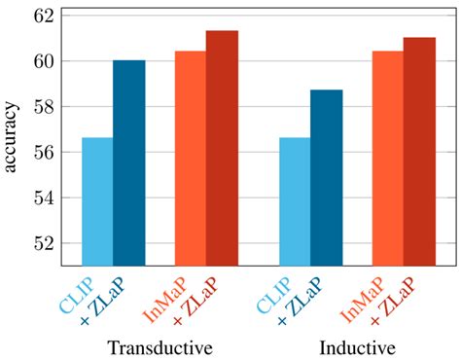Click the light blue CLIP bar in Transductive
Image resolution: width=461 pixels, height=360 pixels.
point(97,201)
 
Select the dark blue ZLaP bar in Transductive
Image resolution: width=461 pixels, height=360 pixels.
point(128,162)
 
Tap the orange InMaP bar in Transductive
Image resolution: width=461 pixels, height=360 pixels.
point(191,159)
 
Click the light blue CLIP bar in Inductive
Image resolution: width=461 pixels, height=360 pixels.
point(295,201)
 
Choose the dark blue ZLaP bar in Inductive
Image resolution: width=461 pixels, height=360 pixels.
point(326,177)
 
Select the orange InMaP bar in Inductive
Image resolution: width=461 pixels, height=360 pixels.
point(388,159)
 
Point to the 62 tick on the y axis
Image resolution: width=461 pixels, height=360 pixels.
point(43,16)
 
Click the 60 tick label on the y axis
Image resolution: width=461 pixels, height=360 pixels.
point(43,61)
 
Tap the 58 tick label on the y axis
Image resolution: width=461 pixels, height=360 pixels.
point(43,107)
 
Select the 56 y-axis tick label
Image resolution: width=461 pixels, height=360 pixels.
point(43,153)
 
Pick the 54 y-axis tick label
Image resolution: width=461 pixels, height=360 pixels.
point(43,198)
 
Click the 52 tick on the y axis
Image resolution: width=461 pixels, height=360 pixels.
point(43,243)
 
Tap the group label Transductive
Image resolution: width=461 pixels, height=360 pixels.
point(160,347)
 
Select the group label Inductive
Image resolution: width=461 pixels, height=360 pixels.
point(357,347)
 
